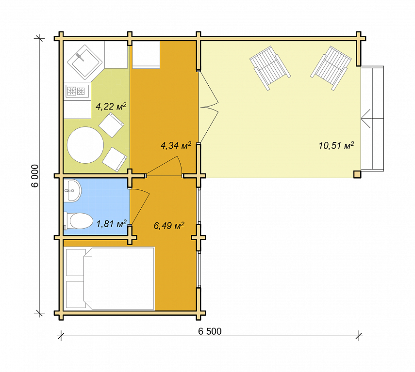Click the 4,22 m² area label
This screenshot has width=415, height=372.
click(x=111, y=107)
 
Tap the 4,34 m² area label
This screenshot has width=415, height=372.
click(x=176, y=145)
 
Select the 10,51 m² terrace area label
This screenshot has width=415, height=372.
click(x=336, y=145)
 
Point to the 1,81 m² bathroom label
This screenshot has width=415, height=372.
click(x=112, y=224)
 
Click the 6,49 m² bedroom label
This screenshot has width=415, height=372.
click(x=169, y=225)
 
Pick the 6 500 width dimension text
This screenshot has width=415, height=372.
click(x=210, y=331)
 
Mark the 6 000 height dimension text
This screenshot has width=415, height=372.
click(x=35, y=176)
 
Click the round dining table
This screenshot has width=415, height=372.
click(x=85, y=145)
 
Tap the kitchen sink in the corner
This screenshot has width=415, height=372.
click(x=84, y=62)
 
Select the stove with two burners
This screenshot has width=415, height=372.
click(x=77, y=91)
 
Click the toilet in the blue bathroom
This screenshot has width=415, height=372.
click(x=78, y=220)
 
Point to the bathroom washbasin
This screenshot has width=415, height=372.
click(x=72, y=190)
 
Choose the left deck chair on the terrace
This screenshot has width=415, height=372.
click(x=270, y=68)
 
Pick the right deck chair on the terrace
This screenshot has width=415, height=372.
click(x=331, y=68)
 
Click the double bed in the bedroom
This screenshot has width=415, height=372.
click(x=110, y=278)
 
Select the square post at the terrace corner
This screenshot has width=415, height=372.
click(x=357, y=174)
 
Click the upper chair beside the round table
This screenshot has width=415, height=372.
click(x=111, y=125)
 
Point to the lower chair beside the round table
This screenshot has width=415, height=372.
click(x=115, y=159)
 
